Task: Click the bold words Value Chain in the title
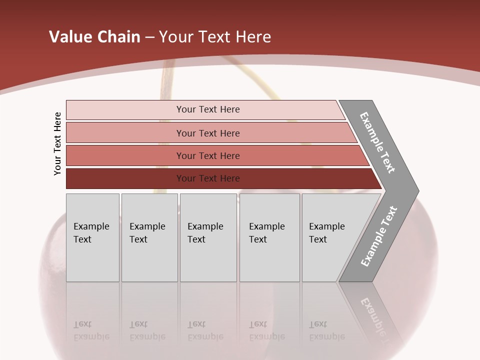coord(94,37)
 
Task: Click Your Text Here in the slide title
coord(215,37)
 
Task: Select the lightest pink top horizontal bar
coord(125,109)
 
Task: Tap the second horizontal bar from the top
coord(125,133)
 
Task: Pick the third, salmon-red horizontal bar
coord(125,155)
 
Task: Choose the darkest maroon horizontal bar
coord(125,178)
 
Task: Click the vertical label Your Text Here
coord(57,143)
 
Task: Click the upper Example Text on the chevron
coord(377,143)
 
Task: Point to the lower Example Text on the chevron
coord(378,236)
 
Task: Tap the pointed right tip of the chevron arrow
coord(416,191)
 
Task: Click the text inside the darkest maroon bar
coord(208,178)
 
